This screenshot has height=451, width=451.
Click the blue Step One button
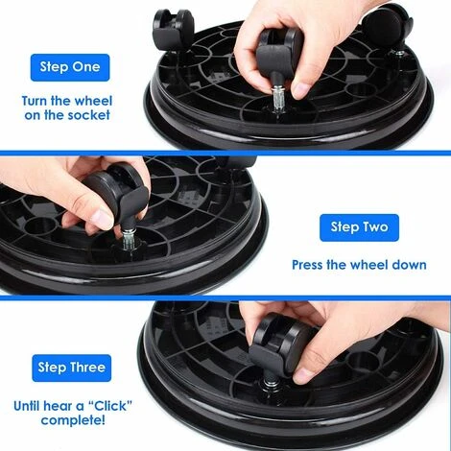point(70,67)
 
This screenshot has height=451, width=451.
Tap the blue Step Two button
point(358,226)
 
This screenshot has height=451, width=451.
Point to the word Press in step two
point(312,264)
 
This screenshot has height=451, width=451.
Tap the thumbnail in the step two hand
point(102,217)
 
